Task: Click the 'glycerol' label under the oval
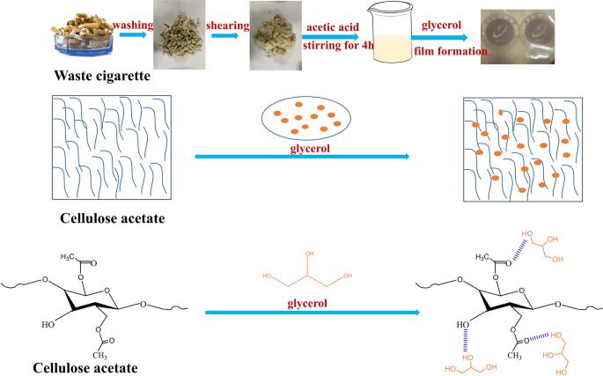click(x=302, y=148)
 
